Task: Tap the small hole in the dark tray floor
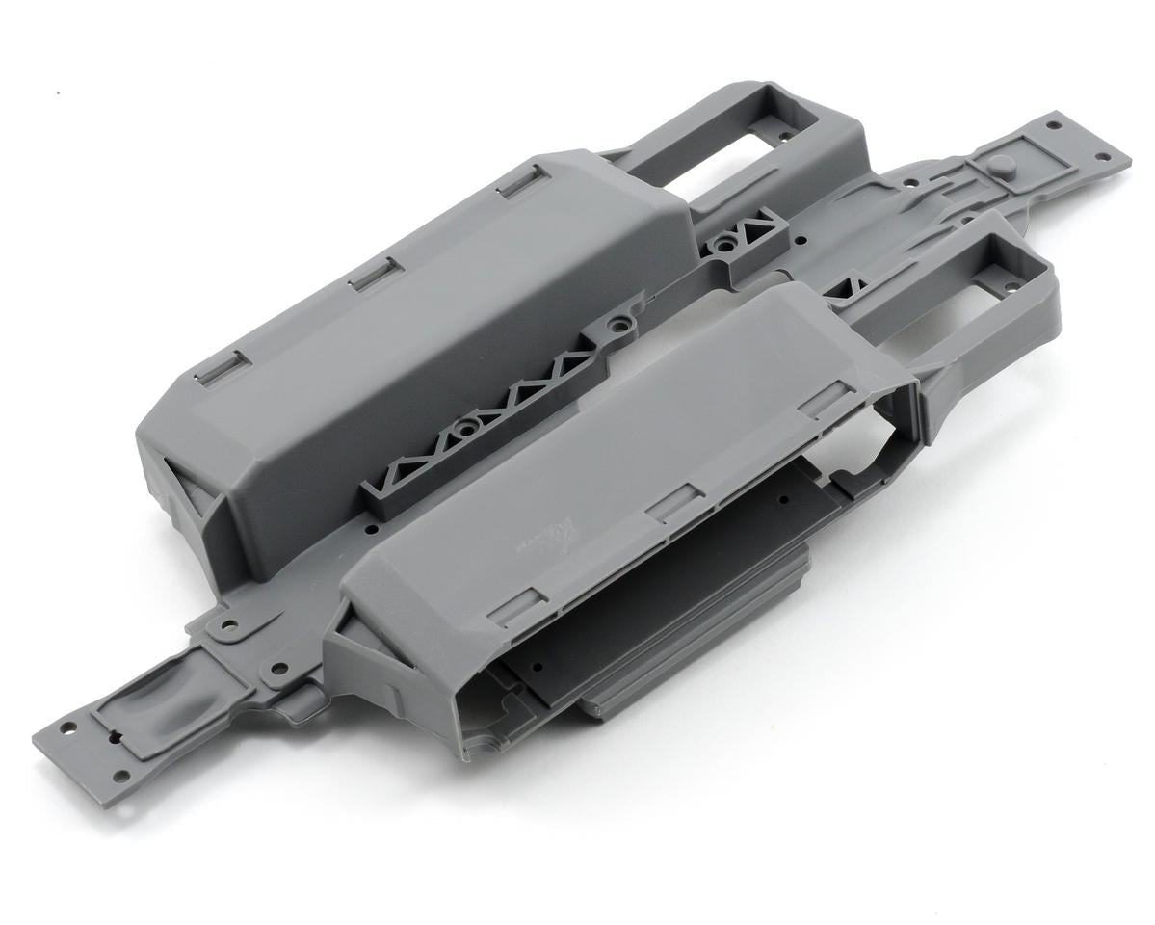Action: (x=782, y=499)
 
